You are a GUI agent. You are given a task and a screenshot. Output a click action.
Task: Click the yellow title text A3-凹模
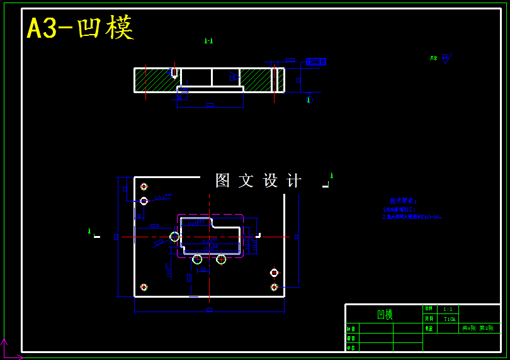pos(80,28)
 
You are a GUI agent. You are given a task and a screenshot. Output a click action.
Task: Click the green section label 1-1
pos(208,41)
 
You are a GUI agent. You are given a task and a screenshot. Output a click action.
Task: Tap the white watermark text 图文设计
pos(258,181)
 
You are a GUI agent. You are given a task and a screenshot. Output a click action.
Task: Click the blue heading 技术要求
pos(403,201)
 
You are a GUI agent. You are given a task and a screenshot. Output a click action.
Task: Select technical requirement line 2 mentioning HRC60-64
pos(412,217)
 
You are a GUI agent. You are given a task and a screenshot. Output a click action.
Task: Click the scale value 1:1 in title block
pos(448,310)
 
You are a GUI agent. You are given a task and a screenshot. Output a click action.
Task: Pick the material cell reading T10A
pos(450,319)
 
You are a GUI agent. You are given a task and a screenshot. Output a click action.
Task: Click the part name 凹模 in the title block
pos(384,314)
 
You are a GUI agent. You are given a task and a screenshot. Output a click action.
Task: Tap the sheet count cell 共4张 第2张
pos(478,328)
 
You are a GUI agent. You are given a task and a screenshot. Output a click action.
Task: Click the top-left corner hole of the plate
pos(144,186)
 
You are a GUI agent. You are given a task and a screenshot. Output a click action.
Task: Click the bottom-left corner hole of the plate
pos(144,287)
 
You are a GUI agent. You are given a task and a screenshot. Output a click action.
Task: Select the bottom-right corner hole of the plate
pos(274,287)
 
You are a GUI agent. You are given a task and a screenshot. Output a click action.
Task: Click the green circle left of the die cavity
pos(174,237)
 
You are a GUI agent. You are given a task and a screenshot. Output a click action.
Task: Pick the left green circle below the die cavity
pos(197,259)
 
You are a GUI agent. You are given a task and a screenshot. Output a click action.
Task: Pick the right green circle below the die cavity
pos(221,259)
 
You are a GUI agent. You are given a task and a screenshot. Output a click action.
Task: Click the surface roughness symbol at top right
pos(445,59)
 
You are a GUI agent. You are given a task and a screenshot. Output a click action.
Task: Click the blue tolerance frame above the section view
pos(315,62)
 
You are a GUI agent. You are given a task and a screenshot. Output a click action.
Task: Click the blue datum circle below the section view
pos(309,99)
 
